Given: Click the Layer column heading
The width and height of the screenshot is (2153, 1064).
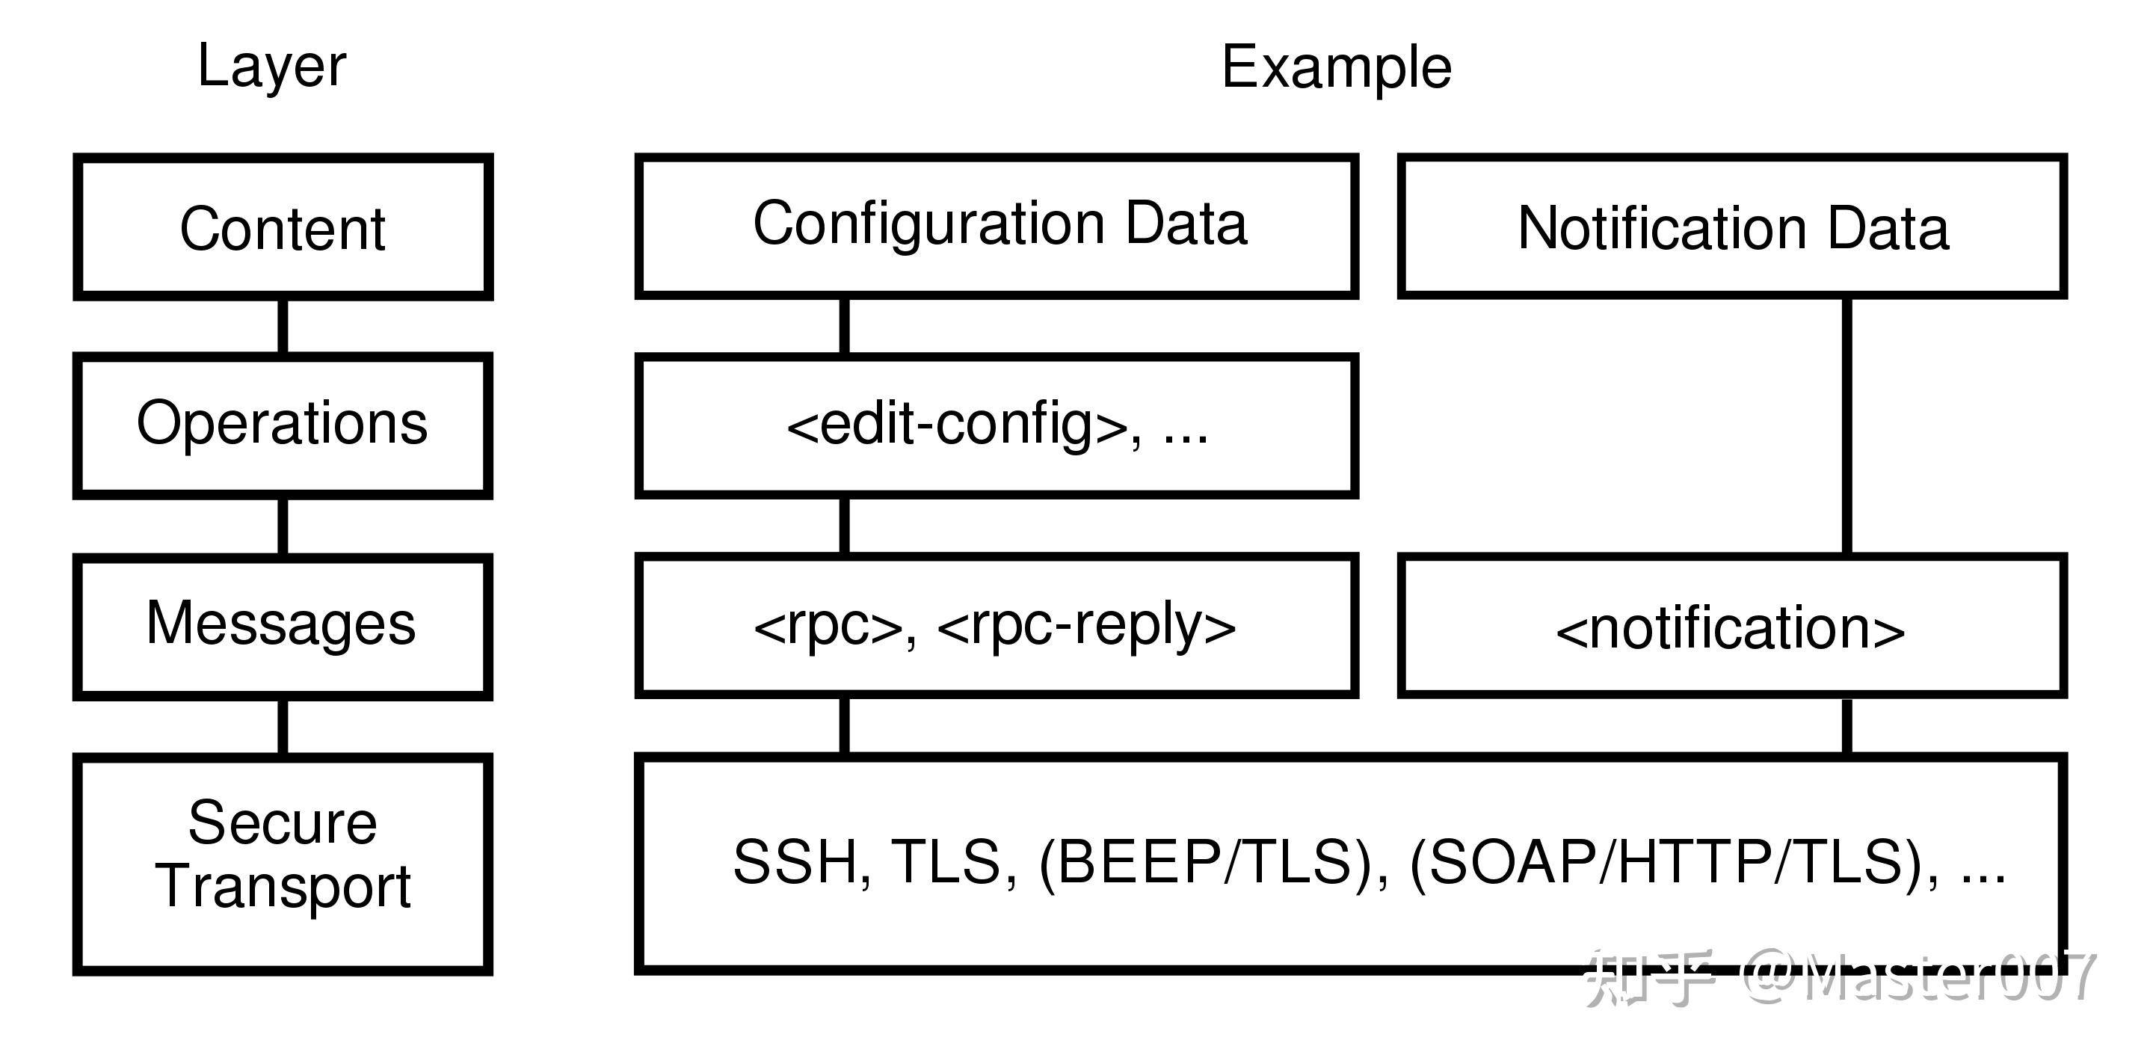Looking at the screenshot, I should pos(271,66).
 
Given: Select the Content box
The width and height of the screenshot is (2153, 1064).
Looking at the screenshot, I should pos(283,227).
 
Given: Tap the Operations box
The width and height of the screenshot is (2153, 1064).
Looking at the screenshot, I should pos(283,425).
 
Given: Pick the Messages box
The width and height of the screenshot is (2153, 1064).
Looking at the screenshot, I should pos(283,624).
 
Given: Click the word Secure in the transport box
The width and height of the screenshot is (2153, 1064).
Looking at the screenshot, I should pos(283,822).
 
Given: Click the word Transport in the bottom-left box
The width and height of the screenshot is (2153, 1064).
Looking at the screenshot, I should pos(283,886).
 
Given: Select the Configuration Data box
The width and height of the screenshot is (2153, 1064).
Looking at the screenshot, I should pos(998,225).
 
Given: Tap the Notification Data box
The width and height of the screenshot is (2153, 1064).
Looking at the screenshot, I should pos(1732,227).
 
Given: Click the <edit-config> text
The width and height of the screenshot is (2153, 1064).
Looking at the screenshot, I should pos(957,425).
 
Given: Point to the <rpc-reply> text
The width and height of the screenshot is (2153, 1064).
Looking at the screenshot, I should pos(1086,626).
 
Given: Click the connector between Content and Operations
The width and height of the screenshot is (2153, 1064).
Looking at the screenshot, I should pos(283,326).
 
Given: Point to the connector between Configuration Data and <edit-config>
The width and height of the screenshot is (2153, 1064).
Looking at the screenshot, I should pos(844,326).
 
